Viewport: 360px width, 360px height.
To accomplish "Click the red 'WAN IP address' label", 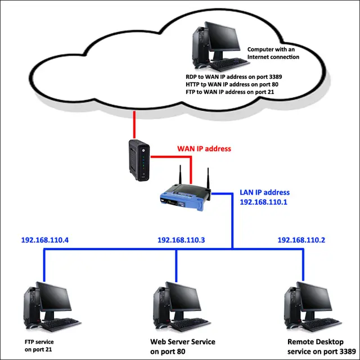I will tap(204, 149).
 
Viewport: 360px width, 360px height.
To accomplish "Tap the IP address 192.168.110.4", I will tap(45, 240).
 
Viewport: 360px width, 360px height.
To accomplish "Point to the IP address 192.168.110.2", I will tap(301, 240).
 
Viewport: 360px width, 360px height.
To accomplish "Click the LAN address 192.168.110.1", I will tap(264, 201).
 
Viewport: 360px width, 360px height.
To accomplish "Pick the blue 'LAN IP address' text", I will tap(265, 192).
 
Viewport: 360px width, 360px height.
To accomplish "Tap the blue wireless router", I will tap(183, 196).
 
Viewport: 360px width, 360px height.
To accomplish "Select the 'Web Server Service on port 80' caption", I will tap(183, 346).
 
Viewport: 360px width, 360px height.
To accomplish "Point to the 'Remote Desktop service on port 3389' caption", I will tap(321, 346).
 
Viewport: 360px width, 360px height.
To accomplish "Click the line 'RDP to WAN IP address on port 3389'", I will tap(234, 77).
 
